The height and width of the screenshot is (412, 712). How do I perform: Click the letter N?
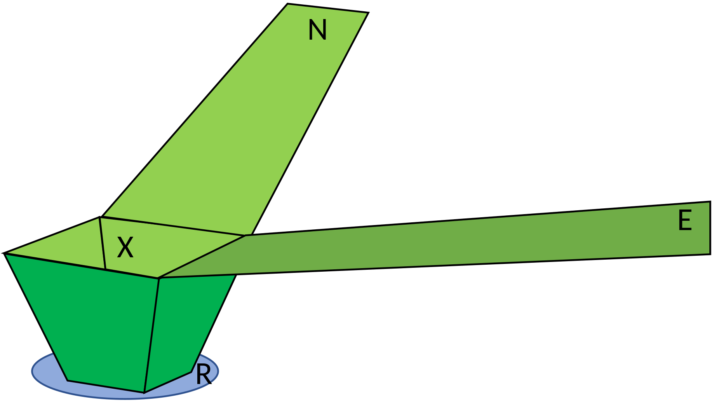(x=317, y=30)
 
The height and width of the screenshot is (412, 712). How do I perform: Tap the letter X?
(x=125, y=248)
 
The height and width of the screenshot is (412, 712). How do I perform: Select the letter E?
(x=684, y=221)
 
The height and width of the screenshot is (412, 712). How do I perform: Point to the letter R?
(x=203, y=374)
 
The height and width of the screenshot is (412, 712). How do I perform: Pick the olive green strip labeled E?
(x=466, y=245)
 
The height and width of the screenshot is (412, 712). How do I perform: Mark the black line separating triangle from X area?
(x=103, y=243)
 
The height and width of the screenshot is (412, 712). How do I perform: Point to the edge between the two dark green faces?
(x=151, y=334)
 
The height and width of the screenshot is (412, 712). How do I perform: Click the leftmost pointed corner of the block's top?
(x=7, y=254)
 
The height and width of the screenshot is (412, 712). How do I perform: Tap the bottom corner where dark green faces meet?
(x=144, y=392)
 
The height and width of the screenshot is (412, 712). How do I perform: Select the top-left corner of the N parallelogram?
(x=288, y=5)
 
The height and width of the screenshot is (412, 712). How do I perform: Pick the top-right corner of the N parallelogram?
(x=367, y=14)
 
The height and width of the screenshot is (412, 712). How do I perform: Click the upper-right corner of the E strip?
(x=709, y=203)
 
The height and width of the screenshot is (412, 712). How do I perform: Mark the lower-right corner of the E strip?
(x=709, y=253)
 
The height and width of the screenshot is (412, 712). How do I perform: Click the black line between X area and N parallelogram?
(x=173, y=227)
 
